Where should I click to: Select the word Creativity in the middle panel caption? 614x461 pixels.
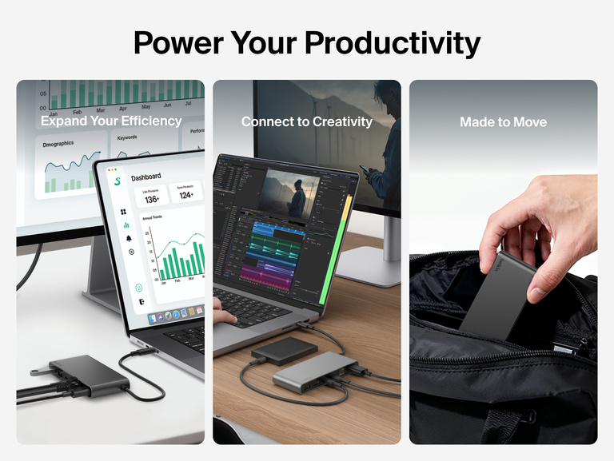(341, 121)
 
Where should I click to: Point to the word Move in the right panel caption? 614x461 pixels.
(531, 121)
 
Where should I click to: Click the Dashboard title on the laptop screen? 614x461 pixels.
(146, 177)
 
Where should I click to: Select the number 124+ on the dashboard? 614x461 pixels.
(185, 195)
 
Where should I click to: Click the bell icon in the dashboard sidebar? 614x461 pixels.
(128, 238)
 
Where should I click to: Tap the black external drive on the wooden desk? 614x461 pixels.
(283, 350)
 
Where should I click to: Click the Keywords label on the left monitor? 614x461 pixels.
(126, 137)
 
